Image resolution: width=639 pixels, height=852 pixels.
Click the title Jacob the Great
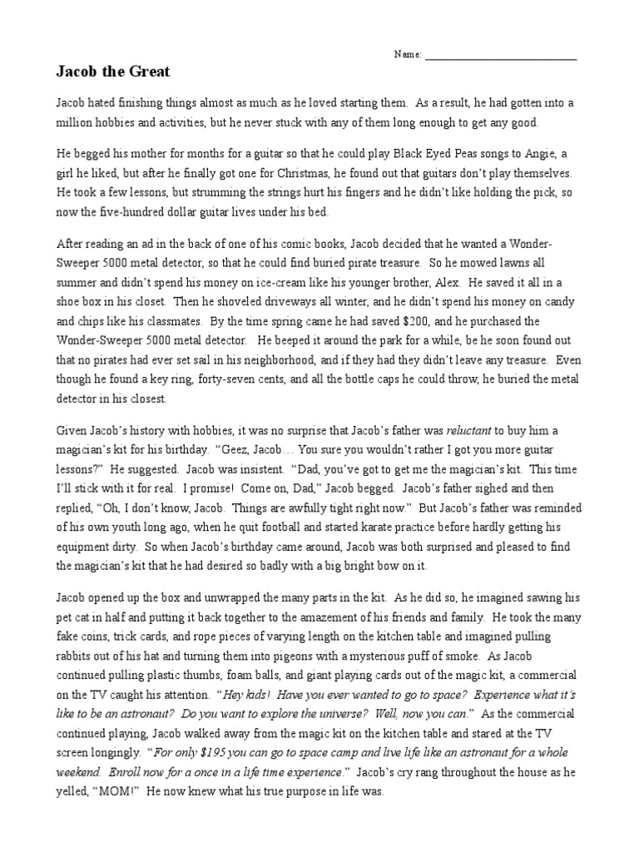pyautogui.click(x=112, y=72)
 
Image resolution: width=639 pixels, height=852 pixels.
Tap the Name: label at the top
pyautogui.click(x=408, y=55)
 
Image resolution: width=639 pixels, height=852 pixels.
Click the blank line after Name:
pyautogui.click(x=500, y=57)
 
